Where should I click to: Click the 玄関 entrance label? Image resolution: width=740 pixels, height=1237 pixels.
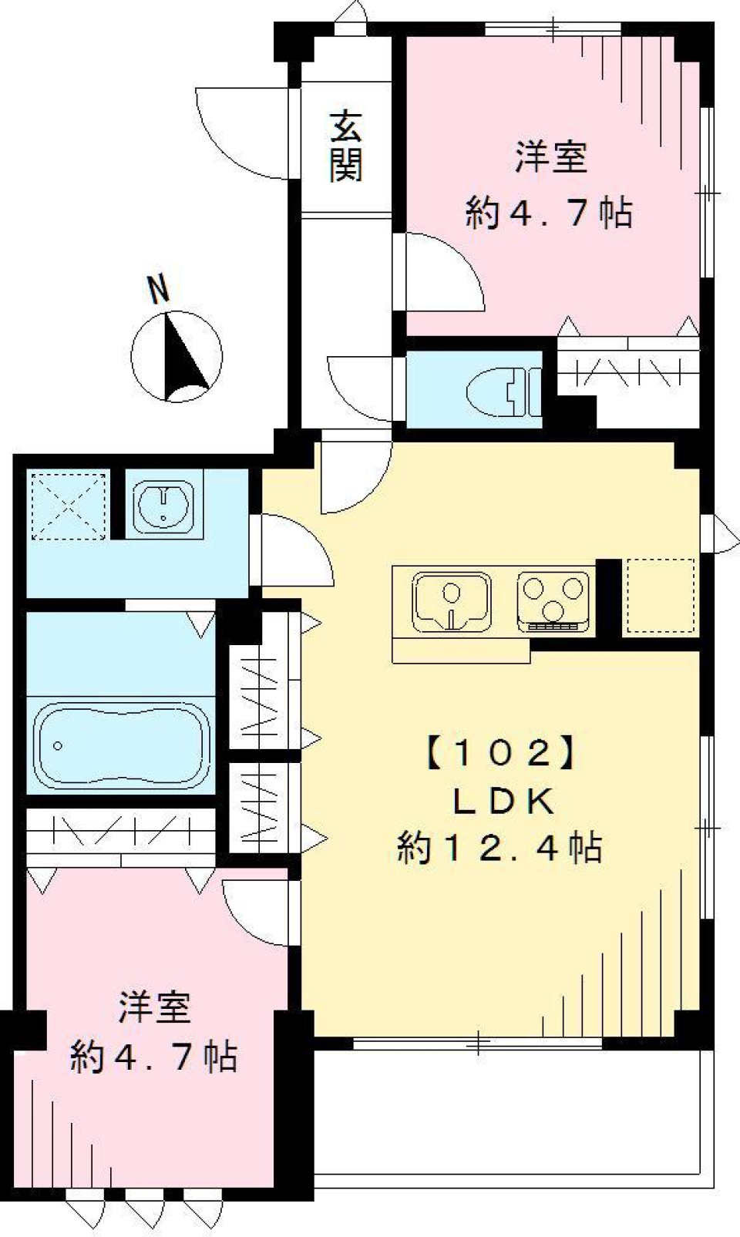point(346,146)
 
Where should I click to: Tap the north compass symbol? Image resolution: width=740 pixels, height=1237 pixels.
point(177,357)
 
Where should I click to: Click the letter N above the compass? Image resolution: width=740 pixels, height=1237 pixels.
point(159,291)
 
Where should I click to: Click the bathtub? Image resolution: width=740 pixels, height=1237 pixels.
point(123,743)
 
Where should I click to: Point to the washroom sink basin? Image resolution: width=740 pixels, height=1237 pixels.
point(163,506)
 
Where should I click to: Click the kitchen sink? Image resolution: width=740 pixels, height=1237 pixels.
point(451,600)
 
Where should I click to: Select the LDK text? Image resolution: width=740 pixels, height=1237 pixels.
point(503,802)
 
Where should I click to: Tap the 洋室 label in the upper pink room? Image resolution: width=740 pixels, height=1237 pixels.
point(550,157)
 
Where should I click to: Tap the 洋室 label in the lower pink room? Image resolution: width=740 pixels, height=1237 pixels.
point(154,1008)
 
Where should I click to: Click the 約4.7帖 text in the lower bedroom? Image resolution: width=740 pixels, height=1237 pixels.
point(154,1057)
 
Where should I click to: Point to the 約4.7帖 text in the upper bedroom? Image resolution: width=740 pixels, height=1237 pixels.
point(549,212)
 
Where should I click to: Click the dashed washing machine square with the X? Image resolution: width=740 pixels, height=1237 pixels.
point(68,506)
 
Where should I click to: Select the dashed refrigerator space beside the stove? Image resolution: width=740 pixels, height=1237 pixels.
point(660,596)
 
